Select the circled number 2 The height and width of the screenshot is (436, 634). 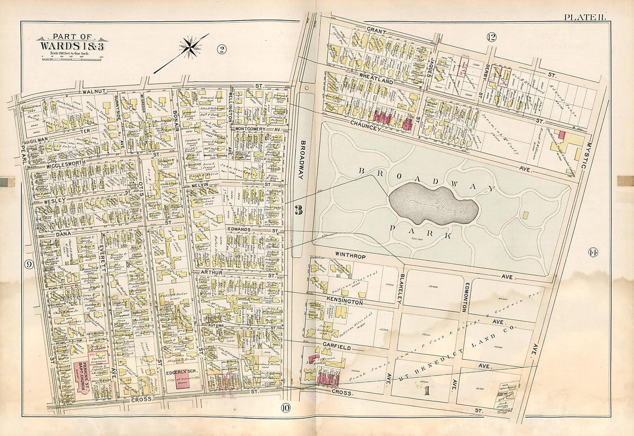click(x=221, y=49)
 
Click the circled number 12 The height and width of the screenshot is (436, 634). click(x=491, y=37)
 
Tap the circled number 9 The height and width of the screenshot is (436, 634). click(x=28, y=264)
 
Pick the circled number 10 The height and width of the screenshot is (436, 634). click(x=286, y=409)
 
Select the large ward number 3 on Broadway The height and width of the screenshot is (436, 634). click(x=298, y=210)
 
